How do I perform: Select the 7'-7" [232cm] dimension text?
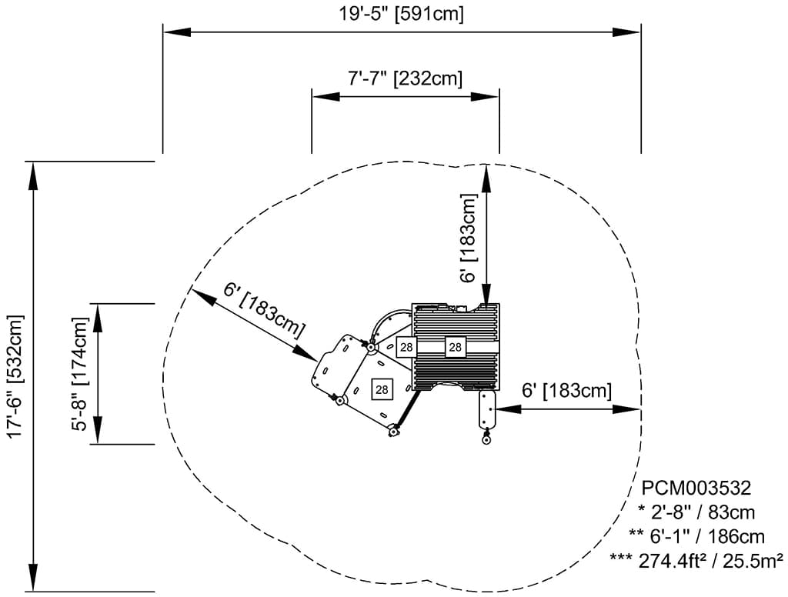click(405, 78)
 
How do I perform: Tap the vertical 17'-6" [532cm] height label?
click(15, 376)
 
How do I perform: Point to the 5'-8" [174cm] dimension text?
click(79, 374)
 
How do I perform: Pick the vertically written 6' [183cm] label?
click(470, 238)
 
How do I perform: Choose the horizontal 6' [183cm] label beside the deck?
click(566, 390)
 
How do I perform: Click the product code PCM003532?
click(696, 488)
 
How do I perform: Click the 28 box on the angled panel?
click(381, 389)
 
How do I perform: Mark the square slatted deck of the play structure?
click(456, 347)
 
